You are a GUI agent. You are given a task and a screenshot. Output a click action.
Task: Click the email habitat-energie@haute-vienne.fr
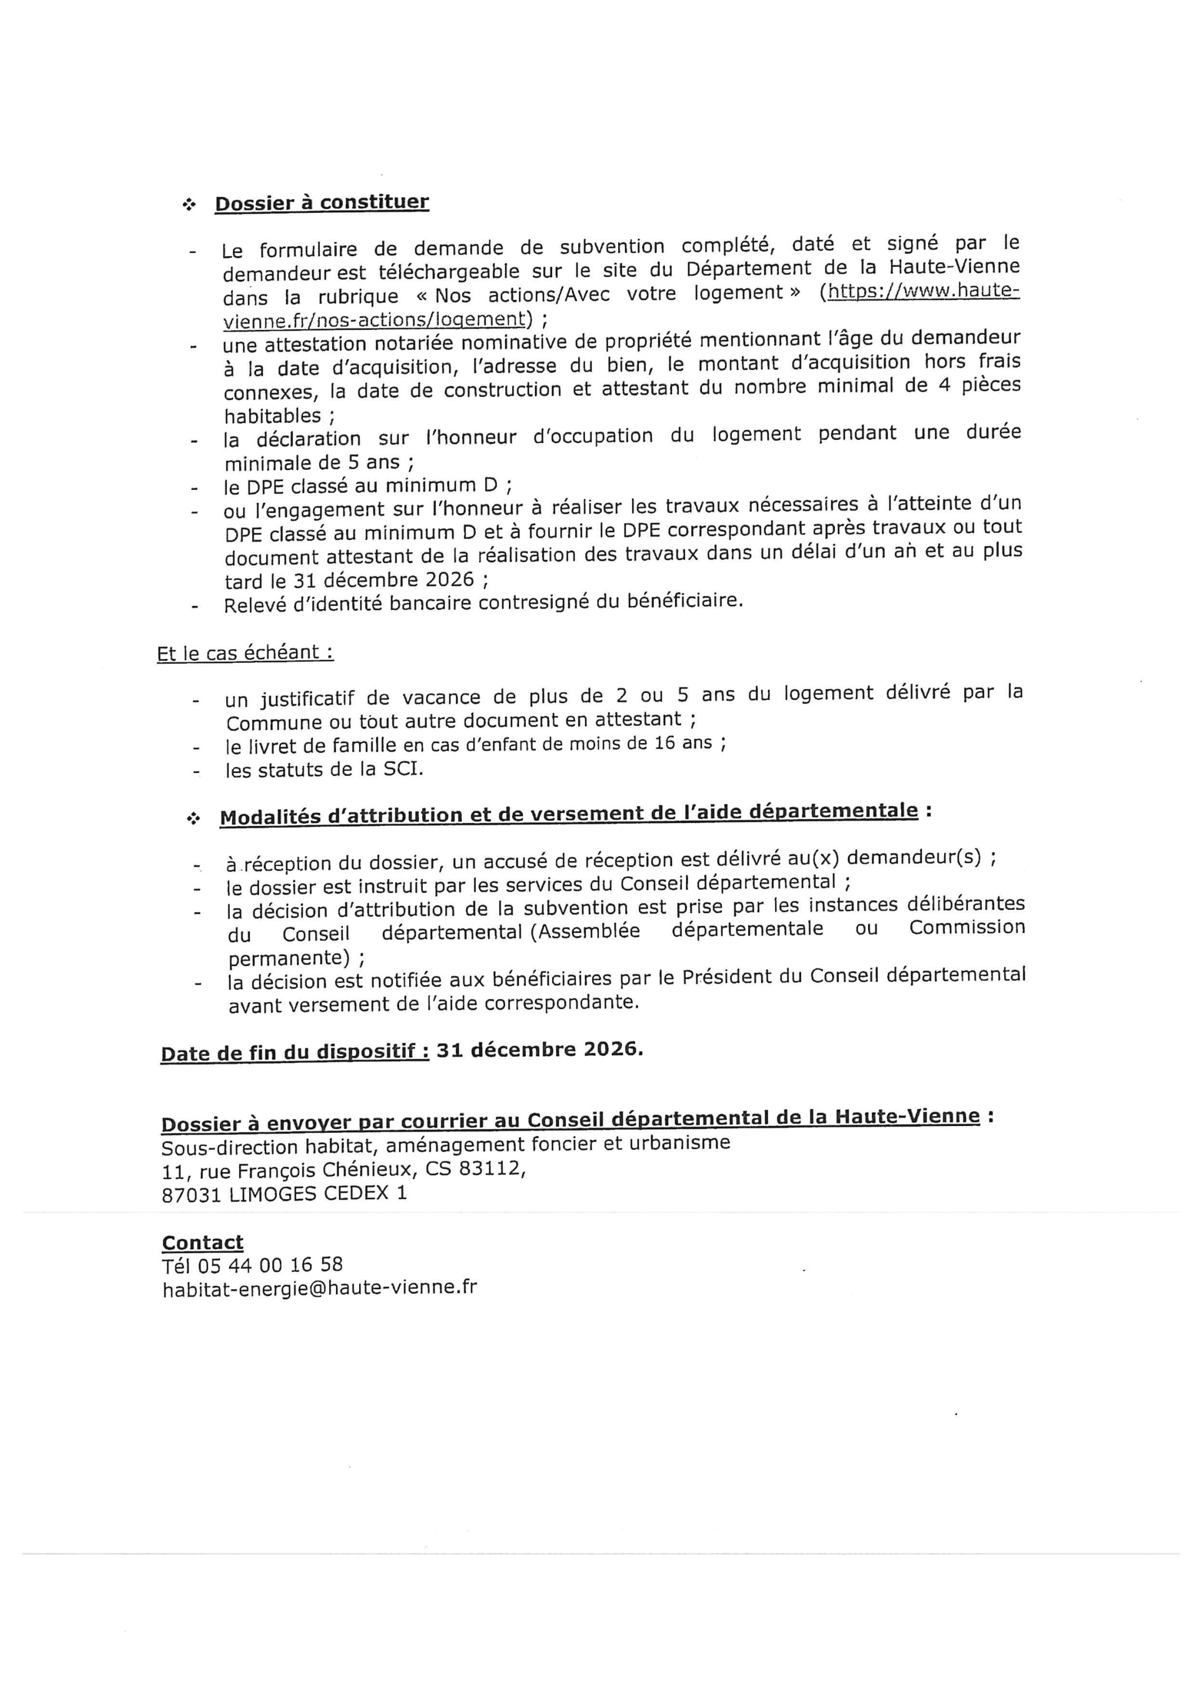(319, 1288)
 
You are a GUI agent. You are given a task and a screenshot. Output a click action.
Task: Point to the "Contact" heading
(202, 1243)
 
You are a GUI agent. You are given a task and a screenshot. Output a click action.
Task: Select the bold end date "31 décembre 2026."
(539, 1050)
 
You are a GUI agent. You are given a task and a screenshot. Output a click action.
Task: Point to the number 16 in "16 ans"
(664, 743)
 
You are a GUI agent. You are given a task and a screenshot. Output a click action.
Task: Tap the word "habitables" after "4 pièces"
(273, 415)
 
